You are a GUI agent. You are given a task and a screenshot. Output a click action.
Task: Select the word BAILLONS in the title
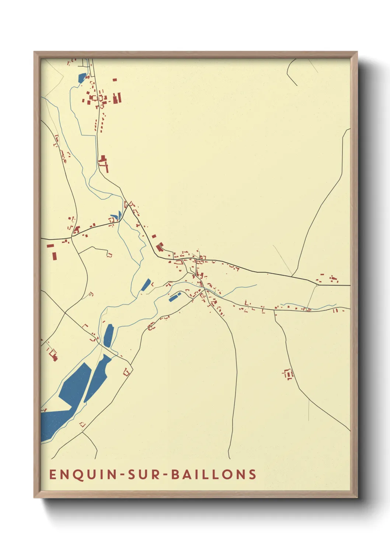(214, 474)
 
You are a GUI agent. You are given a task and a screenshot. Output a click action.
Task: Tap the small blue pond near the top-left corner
(82, 78)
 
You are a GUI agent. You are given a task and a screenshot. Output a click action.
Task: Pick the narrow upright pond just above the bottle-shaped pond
(108, 335)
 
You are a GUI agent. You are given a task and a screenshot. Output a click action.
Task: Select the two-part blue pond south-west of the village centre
(175, 297)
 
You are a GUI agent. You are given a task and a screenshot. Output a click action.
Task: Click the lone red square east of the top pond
(115, 80)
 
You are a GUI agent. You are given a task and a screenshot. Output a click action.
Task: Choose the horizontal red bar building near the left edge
(50, 245)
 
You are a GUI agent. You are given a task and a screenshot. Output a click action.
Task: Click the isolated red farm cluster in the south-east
(288, 374)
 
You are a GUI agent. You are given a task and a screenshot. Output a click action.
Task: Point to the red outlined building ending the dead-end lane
(109, 255)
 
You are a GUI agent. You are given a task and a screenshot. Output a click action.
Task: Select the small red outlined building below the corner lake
(83, 425)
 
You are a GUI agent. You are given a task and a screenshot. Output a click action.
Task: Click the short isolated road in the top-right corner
(291, 72)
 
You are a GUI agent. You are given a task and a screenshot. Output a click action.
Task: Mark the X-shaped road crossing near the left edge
(66, 313)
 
